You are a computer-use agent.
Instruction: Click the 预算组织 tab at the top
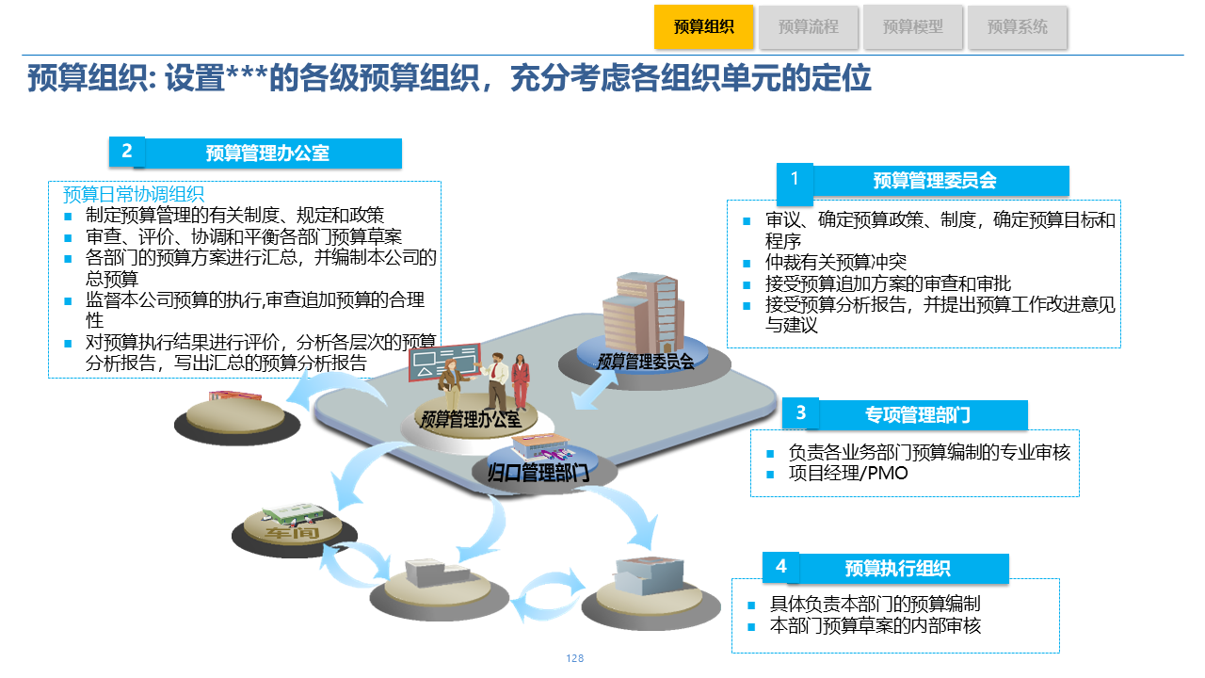pyautogui.click(x=703, y=27)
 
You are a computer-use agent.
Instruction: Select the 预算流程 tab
pyautogui.click(x=808, y=27)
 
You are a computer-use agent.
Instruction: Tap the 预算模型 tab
pyautogui.click(x=912, y=27)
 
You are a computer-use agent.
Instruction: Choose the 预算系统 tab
pyautogui.click(x=1017, y=27)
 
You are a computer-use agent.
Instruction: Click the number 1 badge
pyautogui.click(x=795, y=180)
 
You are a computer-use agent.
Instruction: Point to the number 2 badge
pyautogui.click(x=127, y=152)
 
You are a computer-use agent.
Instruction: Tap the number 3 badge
pyautogui.click(x=800, y=412)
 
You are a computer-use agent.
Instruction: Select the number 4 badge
pyautogui.click(x=780, y=567)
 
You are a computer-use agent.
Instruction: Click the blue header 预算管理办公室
pyautogui.click(x=267, y=153)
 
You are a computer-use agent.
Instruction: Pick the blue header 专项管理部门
pyautogui.click(x=917, y=414)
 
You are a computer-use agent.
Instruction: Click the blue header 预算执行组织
pyautogui.click(x=897, y=569)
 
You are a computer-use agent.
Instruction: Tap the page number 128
pyautogui.click(x=575, y=658)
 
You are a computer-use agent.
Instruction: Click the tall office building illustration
pyautogui.click(x=640, y=310)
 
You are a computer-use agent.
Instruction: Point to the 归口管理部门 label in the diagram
pyautogui.click(x=538, y=472)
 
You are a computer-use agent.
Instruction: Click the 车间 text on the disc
pyautogui.click(x=292, y=534)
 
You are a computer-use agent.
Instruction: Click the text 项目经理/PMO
pyautogui.click(x=848, y=473)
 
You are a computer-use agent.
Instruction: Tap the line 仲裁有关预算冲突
pyautogui.click(x=836, y=262)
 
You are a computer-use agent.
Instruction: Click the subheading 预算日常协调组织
pyautogui.click(x=133, y=195)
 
